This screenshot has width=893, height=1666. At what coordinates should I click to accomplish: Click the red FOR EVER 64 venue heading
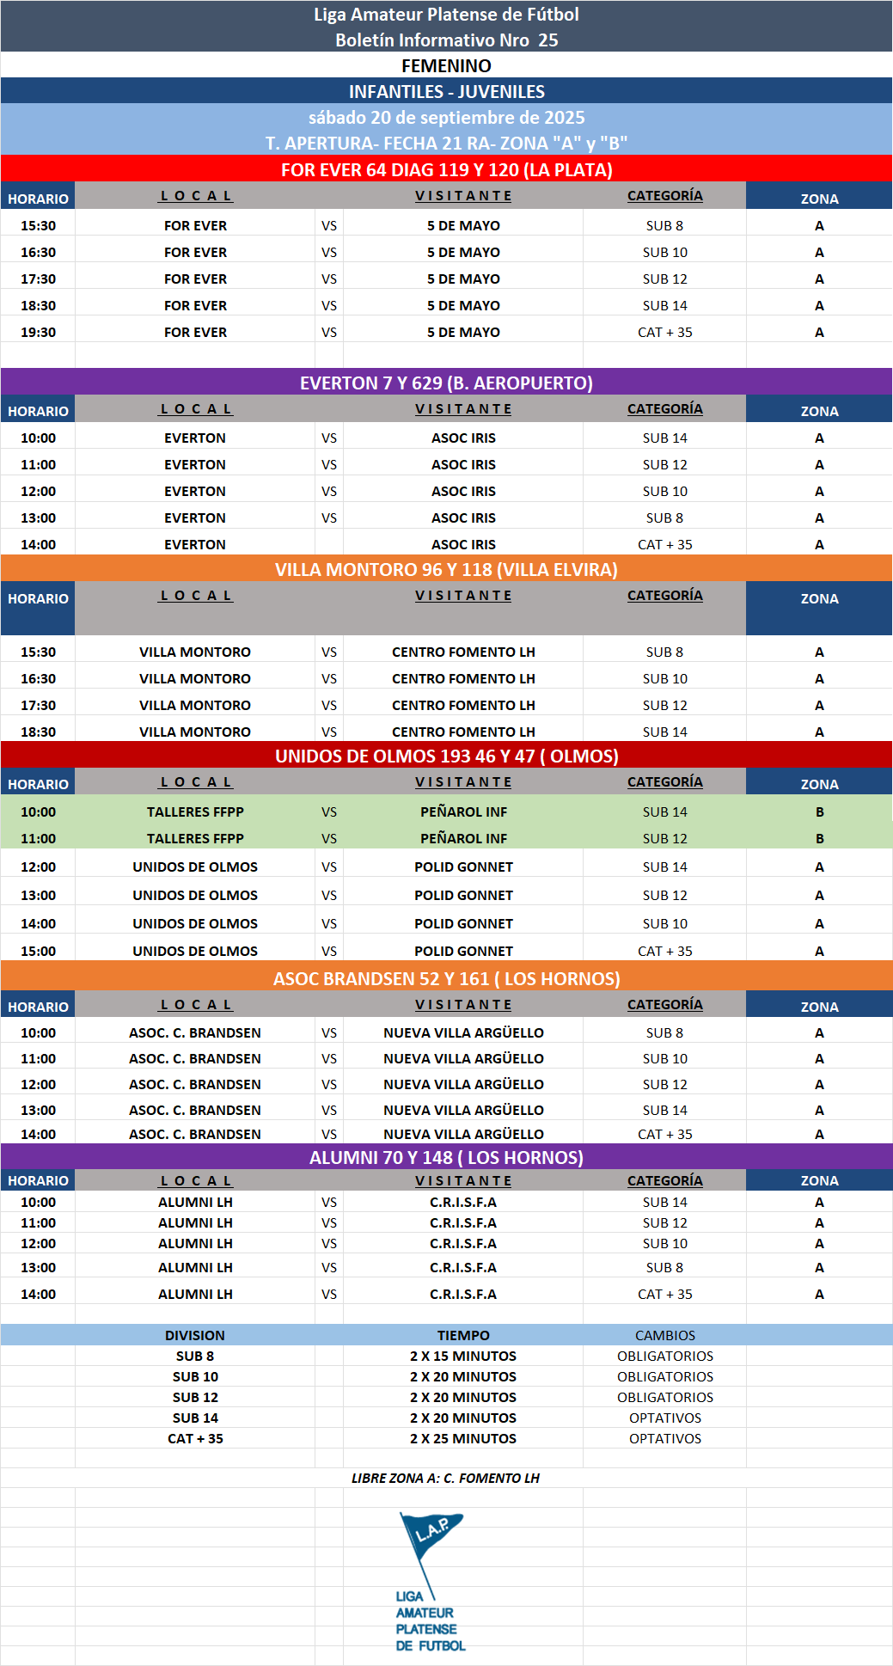(446, 169)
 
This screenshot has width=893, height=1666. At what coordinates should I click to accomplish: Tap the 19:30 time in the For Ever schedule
(38, 332)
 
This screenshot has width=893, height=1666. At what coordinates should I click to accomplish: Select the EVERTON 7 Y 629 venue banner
(446, 383)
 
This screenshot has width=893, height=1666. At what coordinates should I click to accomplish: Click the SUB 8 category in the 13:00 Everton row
(664, 518)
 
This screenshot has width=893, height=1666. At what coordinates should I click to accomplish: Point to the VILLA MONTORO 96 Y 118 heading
(446, 569)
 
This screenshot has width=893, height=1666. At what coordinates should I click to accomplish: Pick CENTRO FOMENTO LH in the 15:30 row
(463, 652)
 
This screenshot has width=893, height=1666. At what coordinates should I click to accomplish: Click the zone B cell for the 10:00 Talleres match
(819, 812)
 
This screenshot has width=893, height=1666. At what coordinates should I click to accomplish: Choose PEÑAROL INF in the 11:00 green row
(463, 838)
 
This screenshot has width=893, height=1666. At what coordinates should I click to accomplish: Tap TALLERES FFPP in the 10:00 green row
(195, 812)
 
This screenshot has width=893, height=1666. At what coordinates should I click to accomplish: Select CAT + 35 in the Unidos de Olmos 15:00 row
(664, 951)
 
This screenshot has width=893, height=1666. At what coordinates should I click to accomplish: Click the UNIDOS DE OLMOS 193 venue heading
(446, 756)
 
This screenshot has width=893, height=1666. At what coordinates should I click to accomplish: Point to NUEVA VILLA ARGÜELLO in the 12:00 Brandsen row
(463, 1084)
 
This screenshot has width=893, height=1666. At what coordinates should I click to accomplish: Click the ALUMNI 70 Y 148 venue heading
(446, 1157)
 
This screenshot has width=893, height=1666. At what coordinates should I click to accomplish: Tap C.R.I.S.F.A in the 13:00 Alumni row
(463, 1267)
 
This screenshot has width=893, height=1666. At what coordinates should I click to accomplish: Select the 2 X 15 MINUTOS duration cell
(463, 1356)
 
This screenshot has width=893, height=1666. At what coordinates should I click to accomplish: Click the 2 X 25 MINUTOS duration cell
(463, 1438)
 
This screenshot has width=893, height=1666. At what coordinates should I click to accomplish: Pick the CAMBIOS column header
(664, 1335)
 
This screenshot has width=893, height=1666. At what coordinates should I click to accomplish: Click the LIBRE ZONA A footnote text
(445, 1478)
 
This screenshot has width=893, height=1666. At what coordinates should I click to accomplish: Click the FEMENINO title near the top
(446, 65)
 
